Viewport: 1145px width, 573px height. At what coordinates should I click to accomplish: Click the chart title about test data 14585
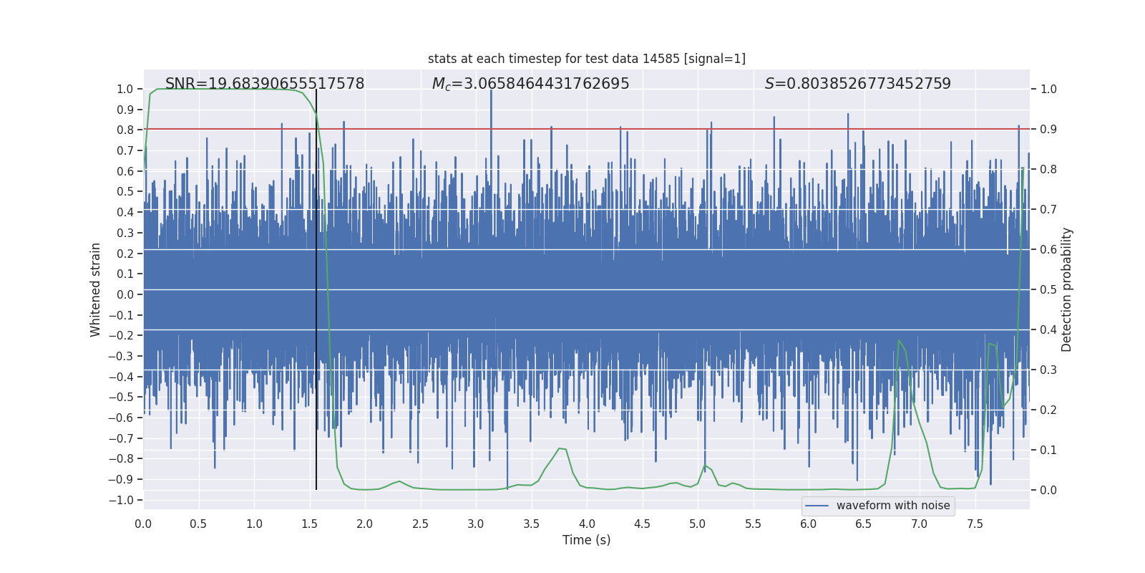586,59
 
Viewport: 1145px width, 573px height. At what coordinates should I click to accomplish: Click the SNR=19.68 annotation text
265,84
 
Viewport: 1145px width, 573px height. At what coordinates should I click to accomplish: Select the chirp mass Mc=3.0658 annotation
530,84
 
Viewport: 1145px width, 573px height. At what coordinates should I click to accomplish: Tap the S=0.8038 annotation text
857,84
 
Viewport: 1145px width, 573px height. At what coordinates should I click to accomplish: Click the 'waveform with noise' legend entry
892,506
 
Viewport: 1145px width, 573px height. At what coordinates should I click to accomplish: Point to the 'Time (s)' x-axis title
586,540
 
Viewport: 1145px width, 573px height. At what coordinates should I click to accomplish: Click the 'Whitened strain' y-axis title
95,289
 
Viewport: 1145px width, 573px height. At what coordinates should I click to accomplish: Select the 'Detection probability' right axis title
1067,289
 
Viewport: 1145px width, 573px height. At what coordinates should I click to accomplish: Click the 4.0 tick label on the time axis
587,524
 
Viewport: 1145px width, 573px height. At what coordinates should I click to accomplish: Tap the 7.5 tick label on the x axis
975,524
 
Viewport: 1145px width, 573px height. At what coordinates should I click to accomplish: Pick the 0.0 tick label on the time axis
143,524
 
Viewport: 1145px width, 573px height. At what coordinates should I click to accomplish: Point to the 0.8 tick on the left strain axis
125,130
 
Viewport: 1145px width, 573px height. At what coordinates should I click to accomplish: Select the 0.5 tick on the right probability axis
1048,289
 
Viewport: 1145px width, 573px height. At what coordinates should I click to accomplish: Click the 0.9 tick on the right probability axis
1048,129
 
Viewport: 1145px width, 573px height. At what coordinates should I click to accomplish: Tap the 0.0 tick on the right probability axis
1048,490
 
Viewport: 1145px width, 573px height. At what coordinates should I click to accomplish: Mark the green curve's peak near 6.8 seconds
899,341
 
